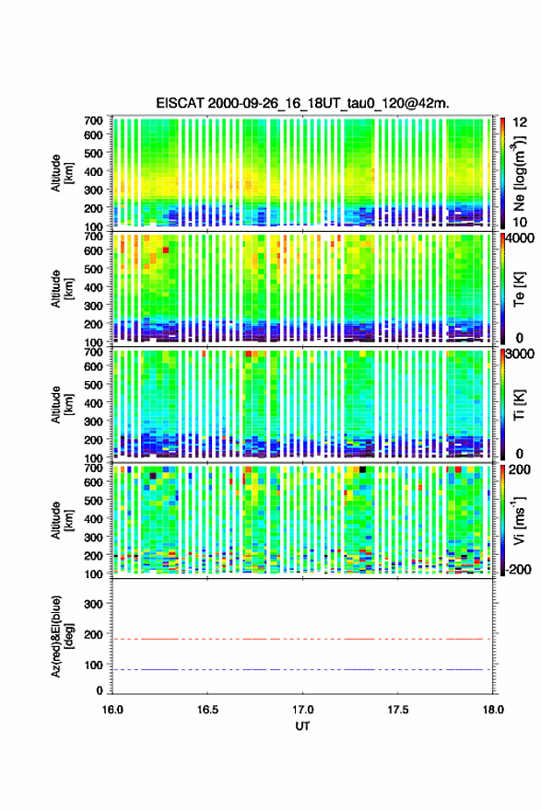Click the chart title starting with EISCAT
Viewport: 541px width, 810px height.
(302, 103)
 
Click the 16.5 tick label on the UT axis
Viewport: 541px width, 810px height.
(207, 710)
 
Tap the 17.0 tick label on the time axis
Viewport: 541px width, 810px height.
(302, 710)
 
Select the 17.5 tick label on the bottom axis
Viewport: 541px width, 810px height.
(398, 710)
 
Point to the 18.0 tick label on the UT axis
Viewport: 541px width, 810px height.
(493, 710)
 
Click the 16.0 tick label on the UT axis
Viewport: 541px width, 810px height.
(112, 710)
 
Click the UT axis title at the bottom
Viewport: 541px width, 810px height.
(302, 726)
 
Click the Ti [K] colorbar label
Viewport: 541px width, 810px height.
(519, 405)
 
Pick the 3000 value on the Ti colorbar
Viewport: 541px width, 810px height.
(521, 354)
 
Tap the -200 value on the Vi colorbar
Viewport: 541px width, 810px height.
(518, 570)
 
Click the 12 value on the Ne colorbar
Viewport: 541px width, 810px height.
(520, 121)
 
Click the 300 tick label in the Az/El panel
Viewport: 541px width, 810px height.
(93, 605)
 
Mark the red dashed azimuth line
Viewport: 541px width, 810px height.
(301, 639)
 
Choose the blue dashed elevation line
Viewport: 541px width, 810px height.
(301, 669)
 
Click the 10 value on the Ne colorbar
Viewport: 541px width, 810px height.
(520, 222)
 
